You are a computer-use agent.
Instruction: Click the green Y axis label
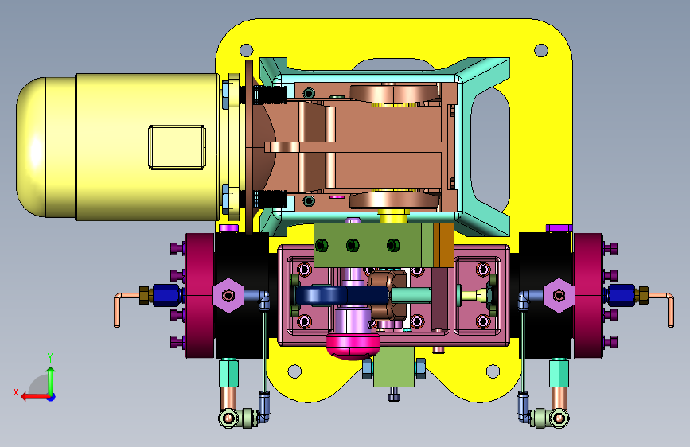[50, 357]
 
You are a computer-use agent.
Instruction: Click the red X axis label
[16, 392]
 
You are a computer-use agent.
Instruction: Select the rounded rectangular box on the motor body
[177, 147]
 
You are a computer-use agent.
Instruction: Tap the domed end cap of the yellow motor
[31, 147]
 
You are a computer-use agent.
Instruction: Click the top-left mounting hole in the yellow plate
[246, 50]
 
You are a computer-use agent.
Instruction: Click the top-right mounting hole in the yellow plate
[541, 50]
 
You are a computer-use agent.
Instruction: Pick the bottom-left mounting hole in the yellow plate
[294, 371]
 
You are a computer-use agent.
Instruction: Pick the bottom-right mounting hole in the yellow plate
[493, 371]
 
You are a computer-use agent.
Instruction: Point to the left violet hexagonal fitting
[228, 295]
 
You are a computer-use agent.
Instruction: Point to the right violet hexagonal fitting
[559, 295]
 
